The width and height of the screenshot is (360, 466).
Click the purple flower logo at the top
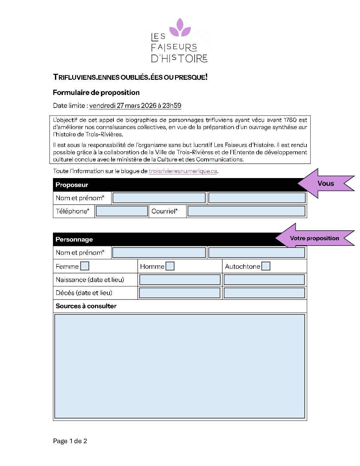[x=180, y=28]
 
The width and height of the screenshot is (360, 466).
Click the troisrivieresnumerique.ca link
[x=183, y=171]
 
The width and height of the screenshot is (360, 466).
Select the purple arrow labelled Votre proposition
[x=314, y=238]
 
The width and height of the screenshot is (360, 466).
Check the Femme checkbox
[x=85, y=266]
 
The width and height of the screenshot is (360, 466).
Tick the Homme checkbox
[x=170, y=266]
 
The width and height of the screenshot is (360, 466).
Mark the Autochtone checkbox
[x=266, y=266]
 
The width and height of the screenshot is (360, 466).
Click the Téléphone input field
[x=122, y=211]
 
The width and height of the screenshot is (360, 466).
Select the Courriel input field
[x=246, y=211]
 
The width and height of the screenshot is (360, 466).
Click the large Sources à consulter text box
[x=180, y=366]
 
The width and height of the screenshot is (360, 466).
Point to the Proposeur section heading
[x=72, y=185]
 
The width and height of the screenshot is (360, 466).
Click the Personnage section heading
[x=74, y=240]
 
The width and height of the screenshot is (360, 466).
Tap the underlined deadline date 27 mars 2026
[x=135, y=106]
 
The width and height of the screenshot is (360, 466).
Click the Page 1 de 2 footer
[x=70, y=441]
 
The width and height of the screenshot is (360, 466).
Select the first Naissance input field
[x=180, y=280]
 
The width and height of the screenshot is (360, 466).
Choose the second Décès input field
[x=264, y=293]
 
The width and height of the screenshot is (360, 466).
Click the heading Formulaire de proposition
[x=96, y=93]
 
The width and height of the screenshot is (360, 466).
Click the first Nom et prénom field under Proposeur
[x=159, y=198]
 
